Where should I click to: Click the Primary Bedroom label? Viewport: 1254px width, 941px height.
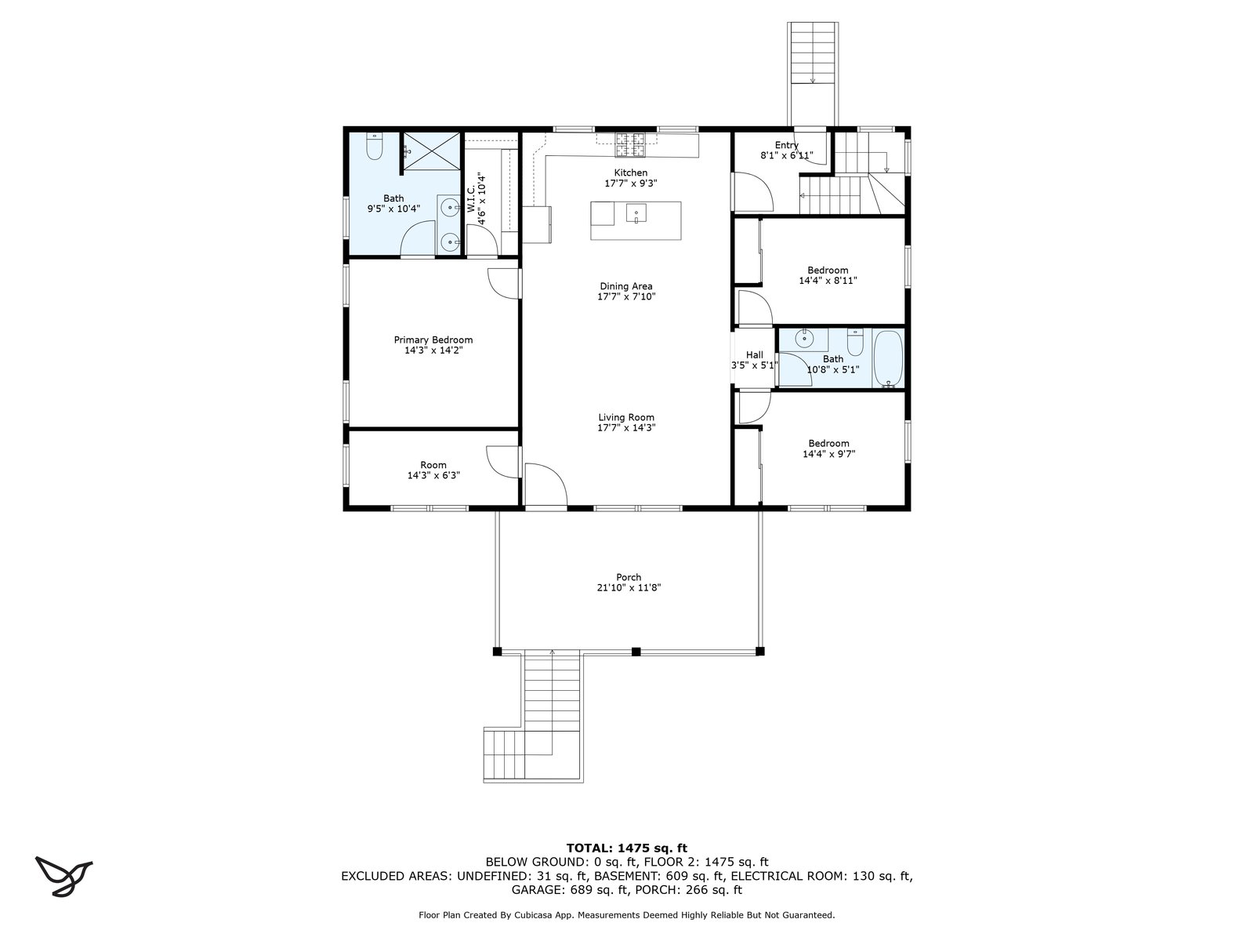433,340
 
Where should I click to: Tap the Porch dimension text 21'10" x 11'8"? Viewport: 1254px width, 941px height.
629,587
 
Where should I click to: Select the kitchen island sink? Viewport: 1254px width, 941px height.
636,213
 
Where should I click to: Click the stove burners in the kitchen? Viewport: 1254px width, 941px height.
629,144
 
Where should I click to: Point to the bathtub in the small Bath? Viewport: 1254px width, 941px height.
887,358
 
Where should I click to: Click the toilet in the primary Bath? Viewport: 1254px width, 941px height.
374,147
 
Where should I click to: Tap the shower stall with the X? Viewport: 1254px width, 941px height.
432,151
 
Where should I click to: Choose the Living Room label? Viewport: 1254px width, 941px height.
626,418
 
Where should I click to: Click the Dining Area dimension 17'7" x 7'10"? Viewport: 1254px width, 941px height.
626,296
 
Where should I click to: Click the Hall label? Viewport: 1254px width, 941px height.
754,354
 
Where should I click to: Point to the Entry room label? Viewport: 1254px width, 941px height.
786,145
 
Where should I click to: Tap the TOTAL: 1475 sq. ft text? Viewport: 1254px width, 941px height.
627,848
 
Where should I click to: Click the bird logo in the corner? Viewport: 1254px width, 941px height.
63,876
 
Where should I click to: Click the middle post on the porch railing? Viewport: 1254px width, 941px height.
636,652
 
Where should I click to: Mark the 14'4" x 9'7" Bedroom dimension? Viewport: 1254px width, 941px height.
828,454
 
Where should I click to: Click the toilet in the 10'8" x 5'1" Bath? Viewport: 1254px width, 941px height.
854,343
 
